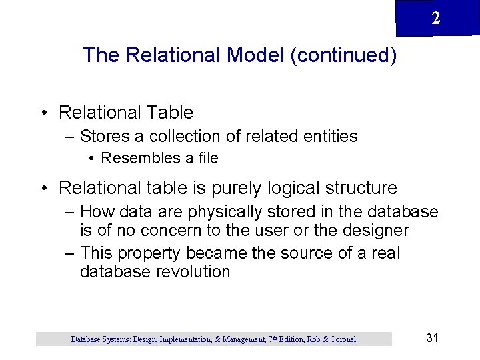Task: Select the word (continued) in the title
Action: (x=343, y=55)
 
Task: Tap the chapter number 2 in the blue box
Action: (x=435, y=19)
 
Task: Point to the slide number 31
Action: (x=432, y=338)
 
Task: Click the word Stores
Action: (x=105, y=137)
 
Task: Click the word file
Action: (x=207, y=159)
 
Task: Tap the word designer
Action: (x=376, y=231)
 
